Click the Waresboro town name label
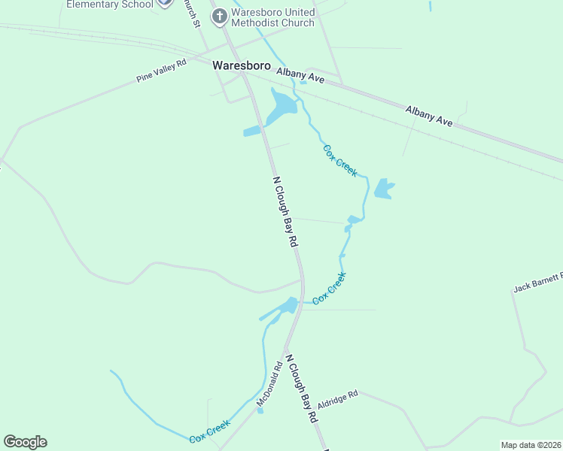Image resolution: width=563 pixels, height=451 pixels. click(242, 65)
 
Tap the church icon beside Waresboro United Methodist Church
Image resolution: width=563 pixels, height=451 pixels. click(220, 17)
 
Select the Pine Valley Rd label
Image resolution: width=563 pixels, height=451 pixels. click(161, 72)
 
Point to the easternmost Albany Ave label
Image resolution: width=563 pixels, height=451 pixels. click(429, 115)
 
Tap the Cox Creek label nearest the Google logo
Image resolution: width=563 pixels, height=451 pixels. click(209, 431)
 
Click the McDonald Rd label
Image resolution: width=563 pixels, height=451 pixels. click(269, 385)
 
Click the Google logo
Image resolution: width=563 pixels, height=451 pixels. click(25, 442)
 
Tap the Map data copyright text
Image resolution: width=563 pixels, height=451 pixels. click(531, 445)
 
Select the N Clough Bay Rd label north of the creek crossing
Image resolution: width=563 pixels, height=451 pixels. click(285, 212)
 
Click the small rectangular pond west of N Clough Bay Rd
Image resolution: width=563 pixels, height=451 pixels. click(251, 132)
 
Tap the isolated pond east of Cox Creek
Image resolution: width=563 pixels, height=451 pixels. click(383, 189)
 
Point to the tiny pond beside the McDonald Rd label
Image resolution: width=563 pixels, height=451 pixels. click(260, 410)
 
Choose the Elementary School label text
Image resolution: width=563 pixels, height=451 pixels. click(109, 4)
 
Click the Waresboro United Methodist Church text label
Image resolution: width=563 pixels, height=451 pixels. click(272, 17)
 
